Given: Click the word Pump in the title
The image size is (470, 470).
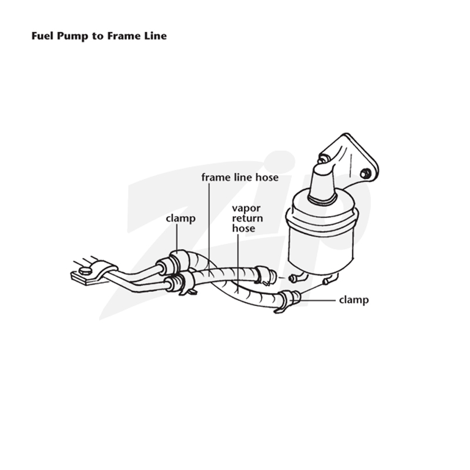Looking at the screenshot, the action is click(x=73, y=36).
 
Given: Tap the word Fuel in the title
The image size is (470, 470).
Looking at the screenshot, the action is click(x=43, y=36).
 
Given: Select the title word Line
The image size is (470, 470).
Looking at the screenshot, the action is click(x=156, y=36).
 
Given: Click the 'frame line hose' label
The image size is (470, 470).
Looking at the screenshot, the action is click(x=240, y=177).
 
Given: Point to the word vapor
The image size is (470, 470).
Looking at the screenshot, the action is click(x=246, y=209).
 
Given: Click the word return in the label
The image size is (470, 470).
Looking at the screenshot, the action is click(x=247, y=218).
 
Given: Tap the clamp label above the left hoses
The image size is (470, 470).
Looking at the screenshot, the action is click(x=180, y=219).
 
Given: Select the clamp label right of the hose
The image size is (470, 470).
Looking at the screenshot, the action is click(x=354, y=300).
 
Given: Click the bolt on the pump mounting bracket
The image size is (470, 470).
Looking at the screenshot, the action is click(x=365, y=173).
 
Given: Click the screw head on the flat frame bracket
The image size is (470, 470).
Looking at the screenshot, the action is click(x=85, y=271).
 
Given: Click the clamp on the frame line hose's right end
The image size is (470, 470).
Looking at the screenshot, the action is click(x=263, y=275).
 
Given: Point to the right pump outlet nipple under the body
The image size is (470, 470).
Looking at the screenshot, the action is click(x=329, y=280).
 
